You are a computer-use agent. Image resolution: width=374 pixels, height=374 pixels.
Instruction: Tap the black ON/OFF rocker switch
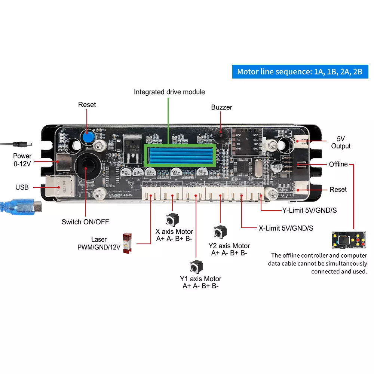pyautogui.click(x=86, y=167)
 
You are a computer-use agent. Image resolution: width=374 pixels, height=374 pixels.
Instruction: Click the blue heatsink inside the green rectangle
pyautogui.click(x=179, y=156)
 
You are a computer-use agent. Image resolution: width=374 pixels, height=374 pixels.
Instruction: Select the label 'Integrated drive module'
pyautogui.click(x=169, y=92)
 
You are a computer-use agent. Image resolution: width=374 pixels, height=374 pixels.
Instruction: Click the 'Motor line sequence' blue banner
pyautogui.click(x=300, y=71)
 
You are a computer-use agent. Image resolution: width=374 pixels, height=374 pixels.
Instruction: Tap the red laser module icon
pyautogui.click(x=127, y=243)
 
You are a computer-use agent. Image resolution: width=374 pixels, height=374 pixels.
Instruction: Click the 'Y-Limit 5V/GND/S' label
pyautogui.click(x=309, y=210)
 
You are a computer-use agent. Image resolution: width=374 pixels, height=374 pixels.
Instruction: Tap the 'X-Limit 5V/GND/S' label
pyautogui.click(x=286, y=228)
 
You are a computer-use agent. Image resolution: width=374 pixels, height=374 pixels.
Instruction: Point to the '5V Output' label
pyautogui.click(x=341, y=142)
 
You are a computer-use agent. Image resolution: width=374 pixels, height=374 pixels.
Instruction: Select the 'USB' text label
pyautogui.click(x=22, y=187)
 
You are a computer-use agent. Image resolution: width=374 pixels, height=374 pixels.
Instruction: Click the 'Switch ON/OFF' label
pyautogui.click(x=85, y=222)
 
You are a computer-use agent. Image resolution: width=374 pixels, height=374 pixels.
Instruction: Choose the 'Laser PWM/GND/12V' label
pyautogui.click(x=99, y=243)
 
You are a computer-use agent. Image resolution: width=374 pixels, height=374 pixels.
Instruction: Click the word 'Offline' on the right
pyautogui.click(x=338, y=164)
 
